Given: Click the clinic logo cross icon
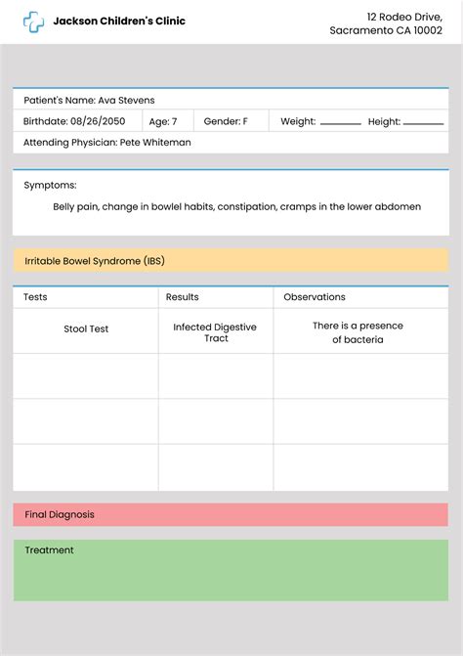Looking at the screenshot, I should coord(34,22).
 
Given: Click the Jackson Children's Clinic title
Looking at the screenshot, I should coord(119,22).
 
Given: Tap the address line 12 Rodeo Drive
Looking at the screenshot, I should coord(404,17).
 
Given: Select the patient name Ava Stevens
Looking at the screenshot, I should coord(126,100).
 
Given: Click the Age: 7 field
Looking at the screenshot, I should coord(163,121).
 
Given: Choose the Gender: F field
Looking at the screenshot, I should coord(225,121).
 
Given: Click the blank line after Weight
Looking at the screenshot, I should coord(341,123).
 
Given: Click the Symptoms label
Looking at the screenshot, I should coord(50,185).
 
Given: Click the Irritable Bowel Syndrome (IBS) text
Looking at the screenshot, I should coord(95,261).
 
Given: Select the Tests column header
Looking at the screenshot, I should coord(35,297).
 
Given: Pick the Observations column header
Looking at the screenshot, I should coord(315,297).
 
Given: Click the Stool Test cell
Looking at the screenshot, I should coord(86,329).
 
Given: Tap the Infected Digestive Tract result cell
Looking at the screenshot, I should coord(216,332).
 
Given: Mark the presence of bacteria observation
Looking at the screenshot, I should coord(358,332).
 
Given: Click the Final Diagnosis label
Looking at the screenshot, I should coord(60,514).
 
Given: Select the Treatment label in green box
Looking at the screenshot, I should coord(49,550).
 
